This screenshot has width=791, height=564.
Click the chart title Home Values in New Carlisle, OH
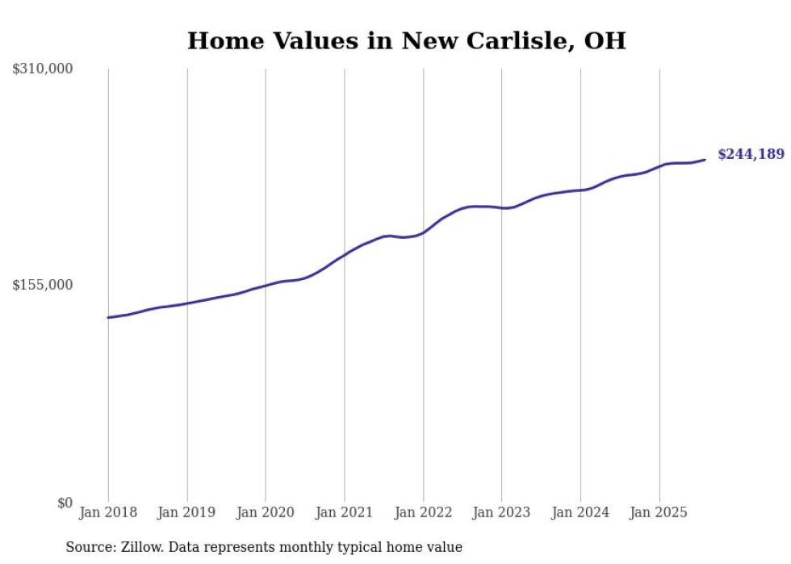coord(406,40)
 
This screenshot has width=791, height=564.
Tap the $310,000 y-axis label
coord(43,69)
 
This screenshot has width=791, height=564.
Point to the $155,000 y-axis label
coord(43,285)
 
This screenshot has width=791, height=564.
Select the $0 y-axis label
coord(65,503)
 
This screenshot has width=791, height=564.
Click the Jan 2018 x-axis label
coord(108,512)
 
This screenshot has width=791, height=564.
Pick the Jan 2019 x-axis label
coord(187,512)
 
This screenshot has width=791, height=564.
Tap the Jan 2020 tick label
coord(266,512)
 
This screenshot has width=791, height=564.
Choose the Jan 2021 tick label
coord(345,512)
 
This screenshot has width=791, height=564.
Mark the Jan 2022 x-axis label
coord(423,512)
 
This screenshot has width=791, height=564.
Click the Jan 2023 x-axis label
coord(501,512)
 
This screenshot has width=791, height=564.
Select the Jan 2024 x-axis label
coord(580,512)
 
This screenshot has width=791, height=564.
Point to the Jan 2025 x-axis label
coord(659,512)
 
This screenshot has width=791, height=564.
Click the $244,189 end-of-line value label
coord(751,154)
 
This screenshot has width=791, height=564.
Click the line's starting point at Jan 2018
coord(108,317)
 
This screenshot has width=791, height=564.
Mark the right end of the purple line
coord(705,159)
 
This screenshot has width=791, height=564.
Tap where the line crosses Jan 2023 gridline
coord(501,208)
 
